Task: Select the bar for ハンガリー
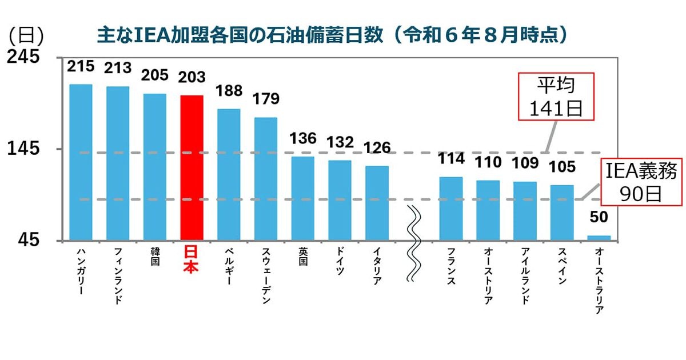pyautogui.click(x=81, y=162)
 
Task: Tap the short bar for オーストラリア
pyautogui.click(x=599, y=237)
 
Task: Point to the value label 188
pyautogui.click(x=229, y=91)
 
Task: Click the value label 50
pyautogui.click(x=599, y=218)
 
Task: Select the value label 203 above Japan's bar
pyautogui.click(x=192, y=77)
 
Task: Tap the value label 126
pyautogui.click(x=377, y=148)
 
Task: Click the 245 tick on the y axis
pyautogui.click(x=23, y=57)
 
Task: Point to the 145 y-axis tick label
pyautogui.click(x=23, y=149)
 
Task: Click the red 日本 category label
pyautogui.click(x=192, y=259)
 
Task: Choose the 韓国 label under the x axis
pyautogui.click(x=155, y=257)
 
